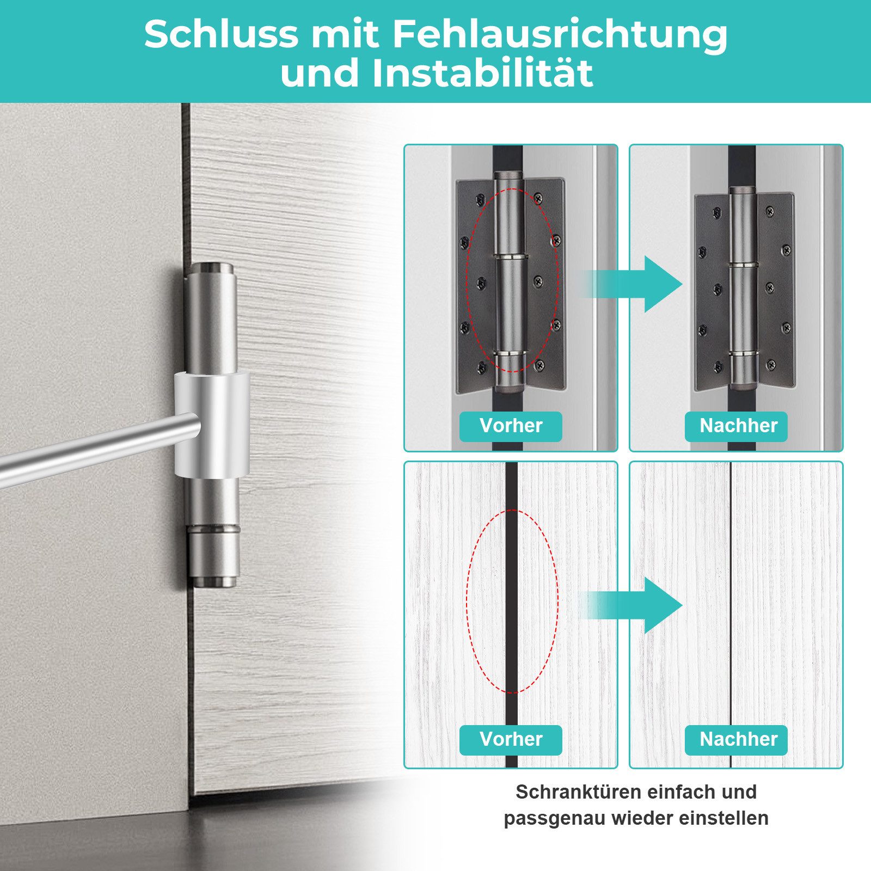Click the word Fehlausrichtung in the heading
560,34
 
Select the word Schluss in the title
222,34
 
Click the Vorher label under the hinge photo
511,426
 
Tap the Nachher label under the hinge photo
738,426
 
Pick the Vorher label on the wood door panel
511,739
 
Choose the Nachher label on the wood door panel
738,739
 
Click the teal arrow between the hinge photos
631,284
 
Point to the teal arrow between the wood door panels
631,605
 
